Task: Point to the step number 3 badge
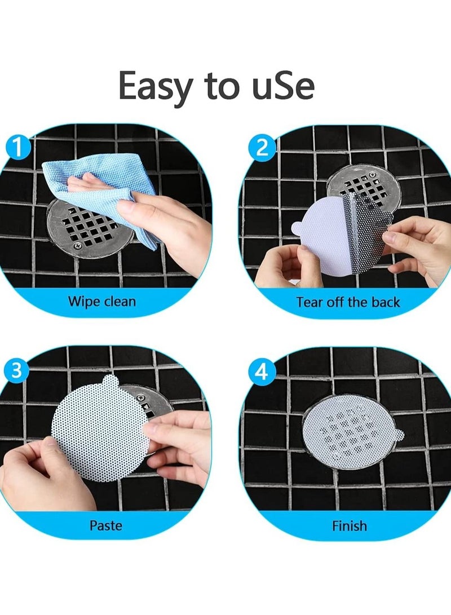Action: pyautogui.click(x=17, y=371)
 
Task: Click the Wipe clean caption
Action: pyautogui.click(x=102, y=301)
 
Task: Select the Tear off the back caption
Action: pyautogui.click(x=348, y=302)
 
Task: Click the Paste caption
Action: pyautogui.click(x=105, y=525)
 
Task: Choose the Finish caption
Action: pyautogui.click(x=349, y=526)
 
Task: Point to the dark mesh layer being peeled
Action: pyautogui.click(x=366, y=237)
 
